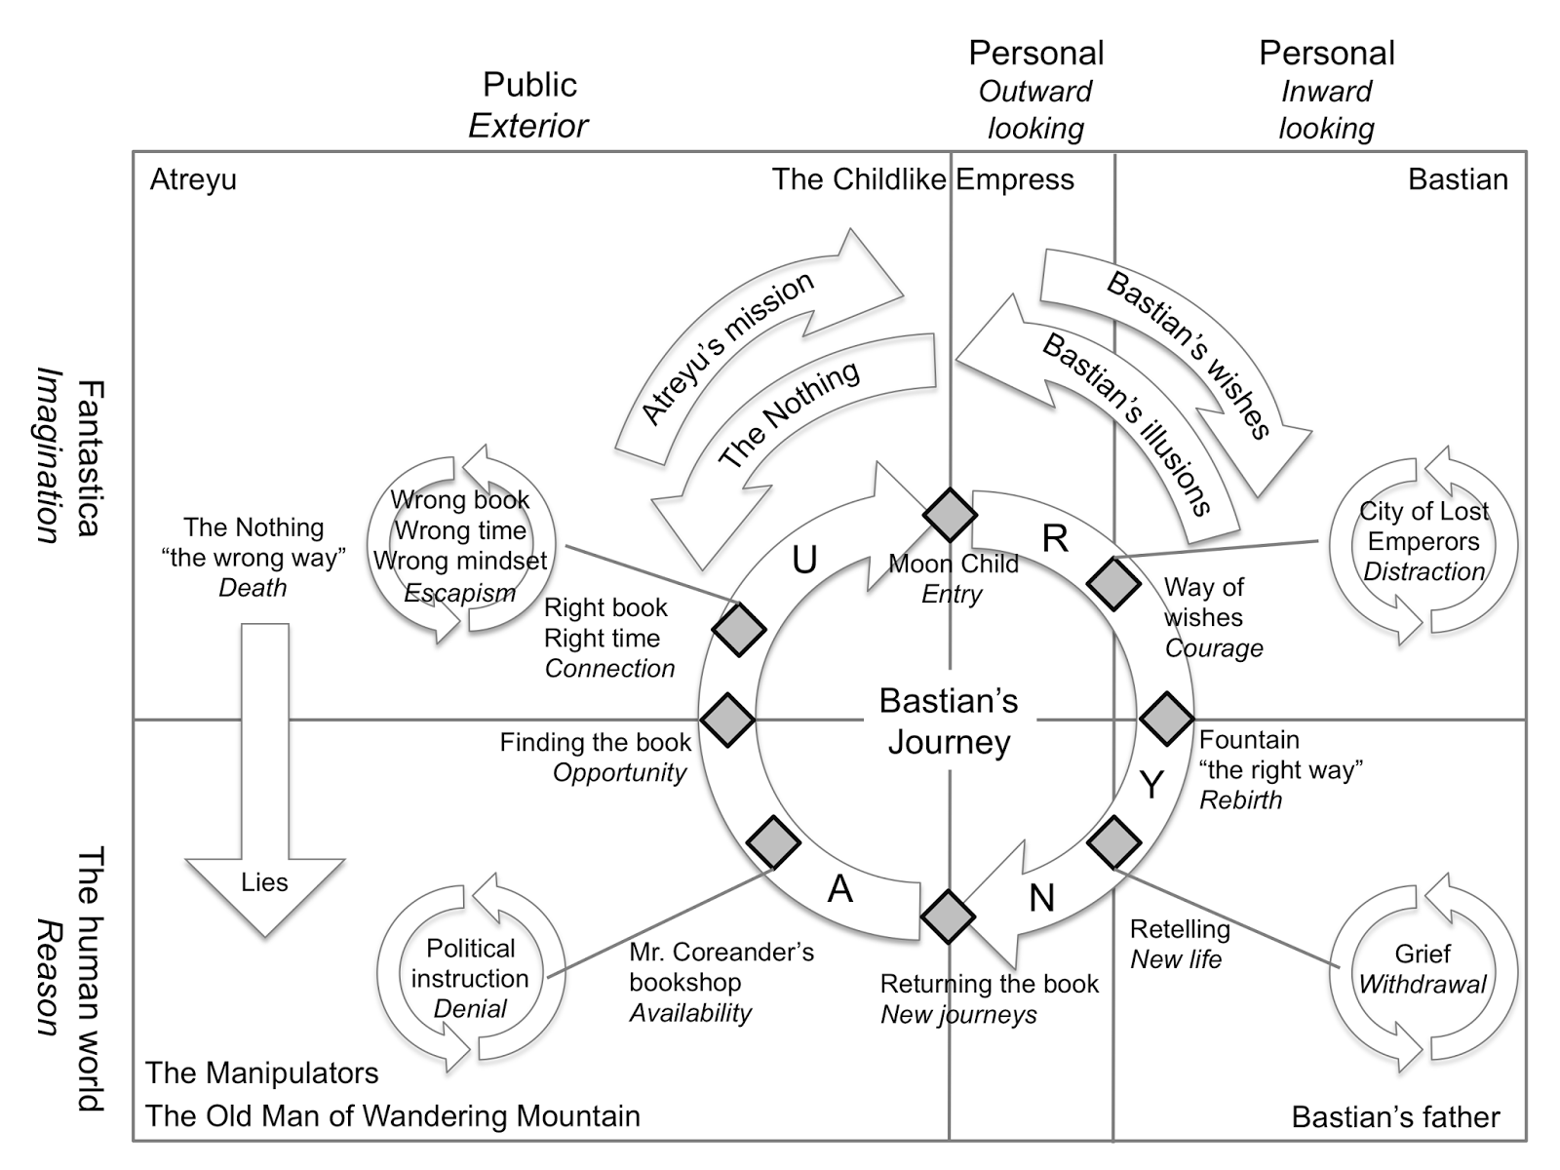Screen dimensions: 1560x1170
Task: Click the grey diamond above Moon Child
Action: [x=950, y=515]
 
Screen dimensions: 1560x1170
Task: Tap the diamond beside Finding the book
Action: [x=727, y=720]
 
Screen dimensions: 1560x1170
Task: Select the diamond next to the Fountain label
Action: [x=1167, y=719]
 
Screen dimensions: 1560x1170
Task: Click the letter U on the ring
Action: [x=804, y=561]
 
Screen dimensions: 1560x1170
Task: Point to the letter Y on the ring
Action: [x=1151, y=785]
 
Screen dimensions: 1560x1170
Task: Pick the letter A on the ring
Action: [x=840, y=888]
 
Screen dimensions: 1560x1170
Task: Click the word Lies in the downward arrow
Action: [x=264, y=882]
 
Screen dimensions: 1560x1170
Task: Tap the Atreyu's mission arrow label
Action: [x=726, y=348]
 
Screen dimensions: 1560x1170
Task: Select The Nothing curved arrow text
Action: [x=789, y=414]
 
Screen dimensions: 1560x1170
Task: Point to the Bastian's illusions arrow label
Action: [x=1126, y=424]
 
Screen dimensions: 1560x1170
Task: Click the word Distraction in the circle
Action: [x=1423, y=572]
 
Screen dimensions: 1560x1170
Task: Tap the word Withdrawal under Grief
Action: [x=1423, y=985]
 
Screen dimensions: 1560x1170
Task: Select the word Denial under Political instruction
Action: [x=470, y=1009]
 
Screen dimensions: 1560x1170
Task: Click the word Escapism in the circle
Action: [x=460, y=593]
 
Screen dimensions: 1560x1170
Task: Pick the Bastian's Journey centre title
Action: [x=949, y=721]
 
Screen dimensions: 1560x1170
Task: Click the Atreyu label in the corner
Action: [x=193, y=180]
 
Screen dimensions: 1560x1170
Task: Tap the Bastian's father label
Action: [x=1396, y=1117]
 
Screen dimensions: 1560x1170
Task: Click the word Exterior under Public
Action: [x=528, y=127]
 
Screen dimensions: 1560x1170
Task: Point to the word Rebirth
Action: [x=1241, y=800]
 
